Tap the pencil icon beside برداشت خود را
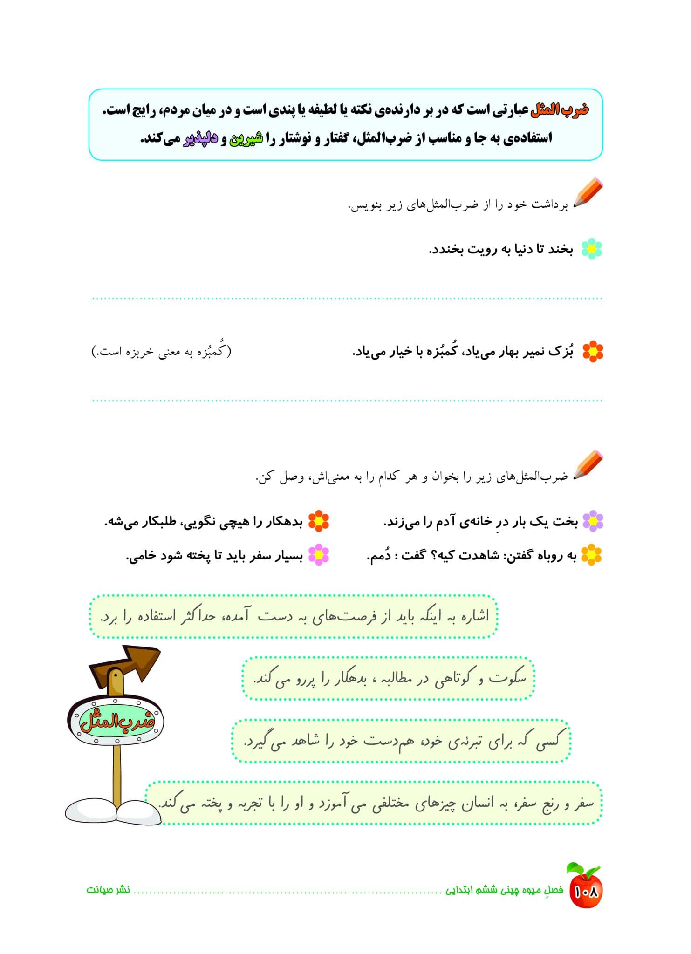pos(588,192)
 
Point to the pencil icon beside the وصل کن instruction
pos(588,464)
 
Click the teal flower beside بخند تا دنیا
pos(592,249)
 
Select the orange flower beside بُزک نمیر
pos(593,351)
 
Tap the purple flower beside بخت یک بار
pos(593,521)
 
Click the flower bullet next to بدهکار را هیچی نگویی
pos(319,521)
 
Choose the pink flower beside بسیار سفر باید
pos(319,555)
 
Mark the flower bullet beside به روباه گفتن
pos(591,555)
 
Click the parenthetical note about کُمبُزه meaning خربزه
pos(161,351)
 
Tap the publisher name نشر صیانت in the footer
pos(108,889)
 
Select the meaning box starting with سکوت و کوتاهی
pos(388,678)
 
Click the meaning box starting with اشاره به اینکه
pos(294,616)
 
